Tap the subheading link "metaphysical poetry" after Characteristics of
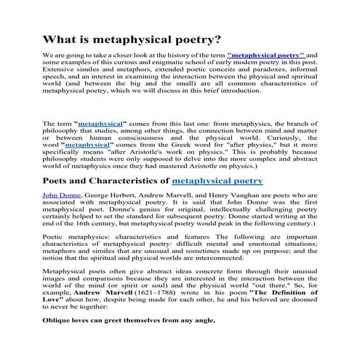point(216,180)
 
